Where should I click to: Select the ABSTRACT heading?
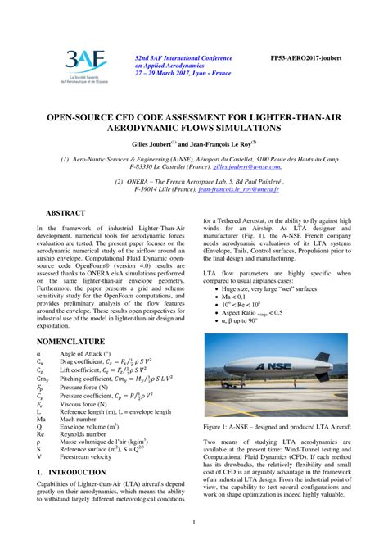(65, 212)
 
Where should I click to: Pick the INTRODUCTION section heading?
(72, 473)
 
